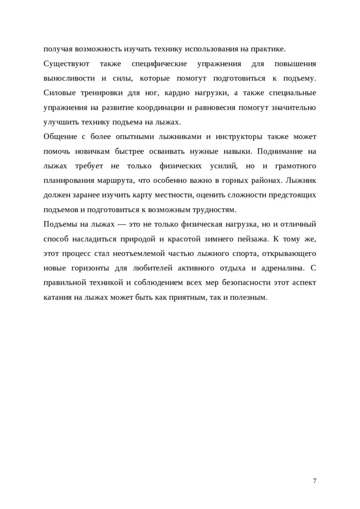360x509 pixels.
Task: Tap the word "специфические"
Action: coord(160,64)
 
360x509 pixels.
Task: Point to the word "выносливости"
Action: coord(68,79)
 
